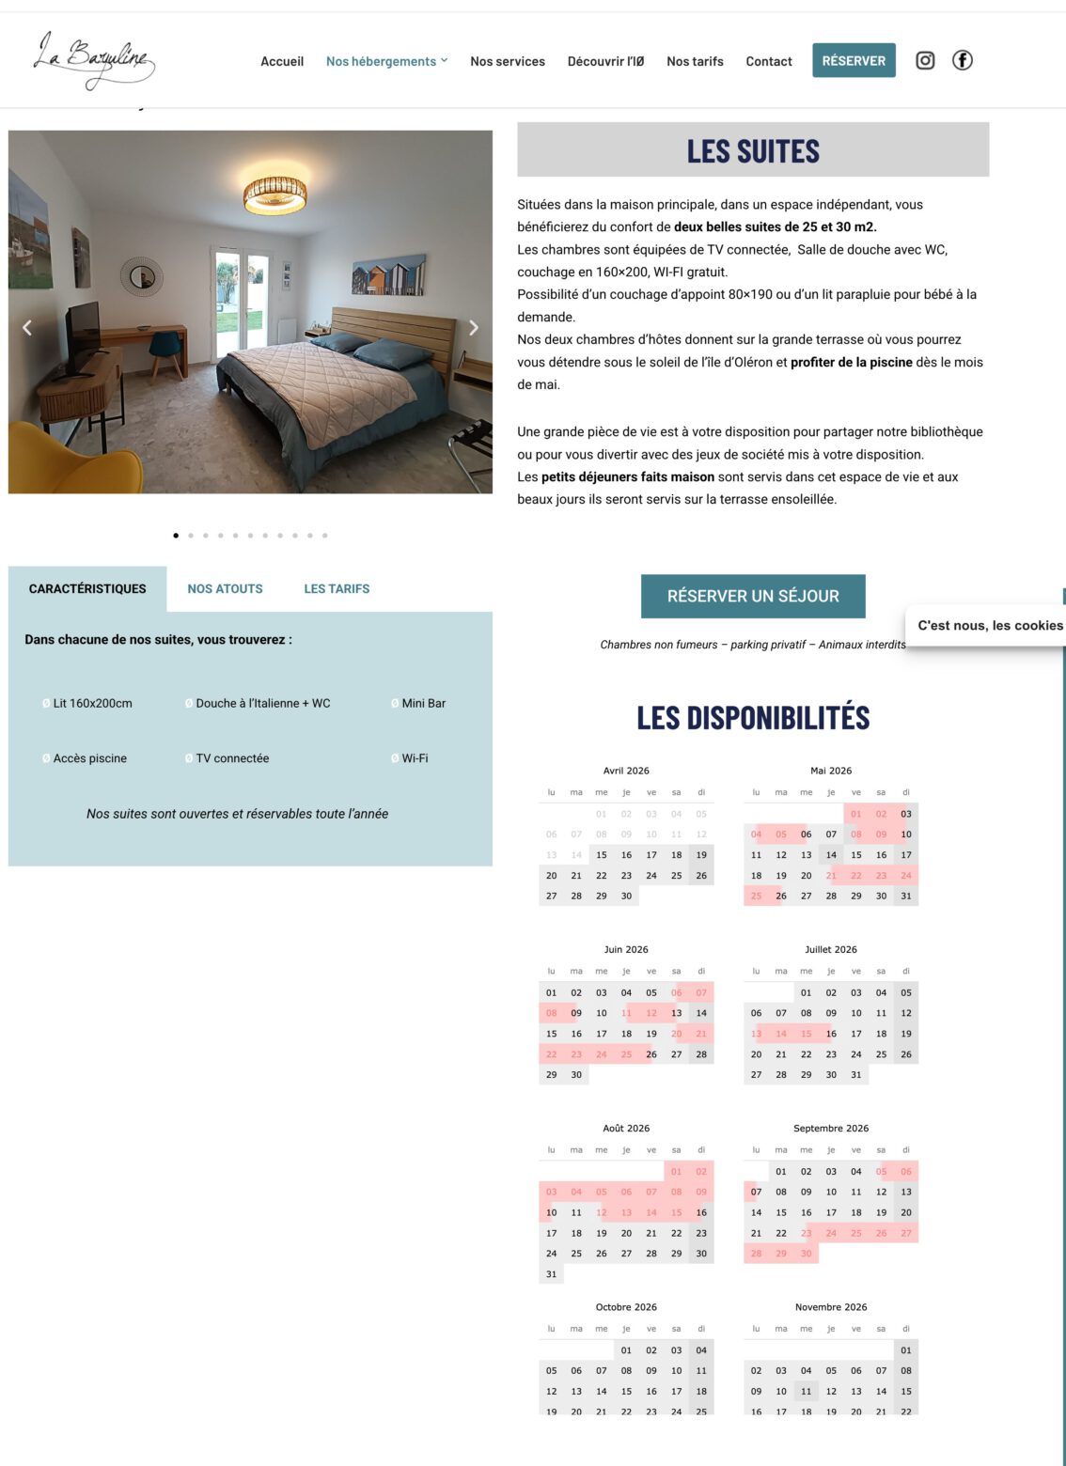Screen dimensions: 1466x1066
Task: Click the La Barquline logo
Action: [93, 60]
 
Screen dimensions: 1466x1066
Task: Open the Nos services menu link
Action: [508, 61]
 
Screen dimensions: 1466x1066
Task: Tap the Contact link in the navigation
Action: [769, 61]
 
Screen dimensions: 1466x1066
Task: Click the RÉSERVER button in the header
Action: [854, 60]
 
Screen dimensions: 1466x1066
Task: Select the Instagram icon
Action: [925, 60]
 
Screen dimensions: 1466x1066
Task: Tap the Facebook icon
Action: [962, 60]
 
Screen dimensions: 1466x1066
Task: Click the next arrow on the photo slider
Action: [474, 328]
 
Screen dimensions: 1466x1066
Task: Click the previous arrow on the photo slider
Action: [27, 328]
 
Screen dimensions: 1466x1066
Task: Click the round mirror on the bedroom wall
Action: [142, 276]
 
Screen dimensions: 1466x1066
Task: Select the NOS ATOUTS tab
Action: [225, 589]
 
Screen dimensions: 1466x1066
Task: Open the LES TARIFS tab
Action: [337, 589]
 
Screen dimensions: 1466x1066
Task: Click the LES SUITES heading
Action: [753, 150]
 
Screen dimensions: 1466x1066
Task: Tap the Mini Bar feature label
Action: [423, 703]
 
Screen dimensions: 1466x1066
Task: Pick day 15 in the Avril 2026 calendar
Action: [602, 855]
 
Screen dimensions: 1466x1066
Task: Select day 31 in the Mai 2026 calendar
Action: [906, 896]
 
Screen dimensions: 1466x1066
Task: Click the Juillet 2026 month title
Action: [831, 949]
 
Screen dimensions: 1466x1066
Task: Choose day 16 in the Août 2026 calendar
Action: [701, 1212]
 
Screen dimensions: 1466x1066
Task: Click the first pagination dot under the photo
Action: [176, 536]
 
